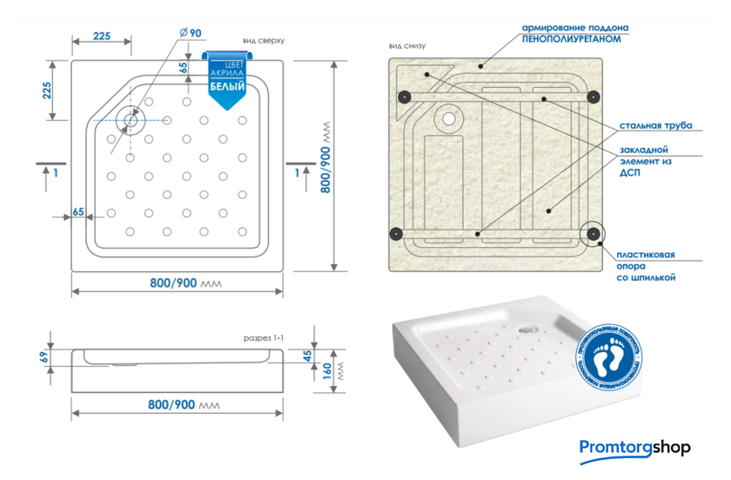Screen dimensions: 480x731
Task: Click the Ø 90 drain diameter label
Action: click(x=190, y=33)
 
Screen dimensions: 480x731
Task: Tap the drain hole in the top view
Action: click(x=131, y=121)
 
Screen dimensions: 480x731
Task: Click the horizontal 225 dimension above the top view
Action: click(x=101, y=36)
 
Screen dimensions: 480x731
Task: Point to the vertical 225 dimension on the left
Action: click(x=48, y=90)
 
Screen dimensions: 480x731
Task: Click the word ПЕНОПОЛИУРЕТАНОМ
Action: click(x=575, y=39)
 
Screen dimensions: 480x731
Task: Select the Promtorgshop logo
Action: click(x=634, y=448)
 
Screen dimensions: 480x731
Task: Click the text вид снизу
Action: click(x=407, y=46)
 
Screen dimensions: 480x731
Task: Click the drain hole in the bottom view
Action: click(x=449, y=117)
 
